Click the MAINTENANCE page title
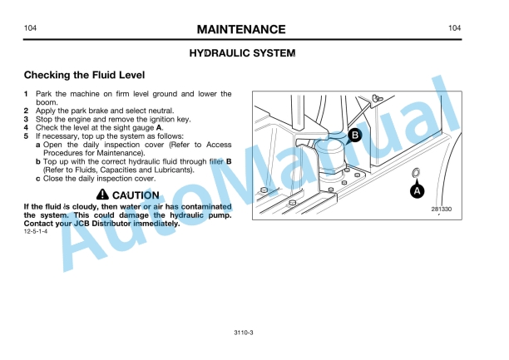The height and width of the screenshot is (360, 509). pyautogui.click(x=241, y=30)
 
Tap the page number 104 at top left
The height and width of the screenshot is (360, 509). pyautogui.click(x=30, y=28)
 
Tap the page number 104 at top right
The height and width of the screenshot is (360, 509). pyautogui.click(x=454, y=28)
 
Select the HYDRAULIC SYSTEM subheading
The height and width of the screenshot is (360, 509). pyautogui.click(x=242, y=53)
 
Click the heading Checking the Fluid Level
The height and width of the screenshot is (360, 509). pyautogui.click(x=84, y=75)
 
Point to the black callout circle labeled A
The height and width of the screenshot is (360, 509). pyautogui.click(x=418, y=191)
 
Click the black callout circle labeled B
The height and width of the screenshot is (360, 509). pyautogui.click(x=355, y=135)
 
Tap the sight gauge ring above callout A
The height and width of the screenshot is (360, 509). pyautogui.click(x=416, y=173)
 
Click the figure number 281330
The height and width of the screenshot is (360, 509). pyautogui.click(x=441, y=209)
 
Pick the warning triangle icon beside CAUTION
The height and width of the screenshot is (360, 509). pyautogui.click(x=102, y=195)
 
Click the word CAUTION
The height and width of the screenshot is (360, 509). pyautogui.click(x=136, y=195)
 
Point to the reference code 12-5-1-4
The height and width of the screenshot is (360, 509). pyautogui.click(x=36, y=231)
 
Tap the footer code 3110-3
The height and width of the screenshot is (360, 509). pyautogui.click(x=244, y=333)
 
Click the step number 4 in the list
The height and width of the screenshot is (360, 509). pyautogui.click(x=26, y=128)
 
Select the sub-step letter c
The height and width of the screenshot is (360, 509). pyautogui.click(x=38, y=179)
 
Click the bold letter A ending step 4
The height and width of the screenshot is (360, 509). pyautogui.click(x=159, y=128)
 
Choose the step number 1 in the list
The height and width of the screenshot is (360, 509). pyautogui.click(x=26, y=94)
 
